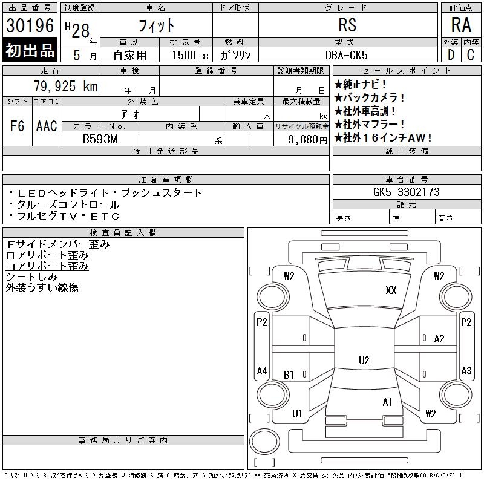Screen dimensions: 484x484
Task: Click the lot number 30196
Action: click(x=30, y=25)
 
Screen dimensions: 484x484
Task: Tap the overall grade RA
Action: click(x=461, y=25)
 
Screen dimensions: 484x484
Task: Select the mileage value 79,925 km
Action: click(x=65, y=86)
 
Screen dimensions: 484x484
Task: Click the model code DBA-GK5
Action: click(x=346, y=55)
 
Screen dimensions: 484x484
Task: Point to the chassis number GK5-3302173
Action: click(x=406, y=192)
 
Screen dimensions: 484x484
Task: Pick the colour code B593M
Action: click(x=100, y=139)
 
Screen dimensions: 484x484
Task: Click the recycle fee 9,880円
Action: click(x=307, y=140)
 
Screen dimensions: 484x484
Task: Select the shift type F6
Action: click(x=18, y=126)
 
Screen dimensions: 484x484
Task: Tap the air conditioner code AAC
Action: click(x=47, y=126)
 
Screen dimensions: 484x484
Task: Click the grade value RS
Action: click(x=347, y=25)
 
